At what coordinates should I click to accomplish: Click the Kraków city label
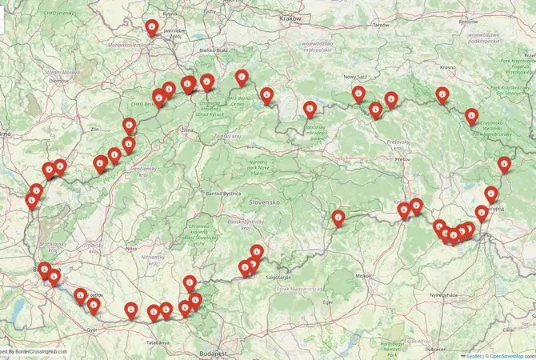(290, 18)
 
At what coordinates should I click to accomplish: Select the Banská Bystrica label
(223, 194)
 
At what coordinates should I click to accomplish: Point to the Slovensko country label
(263, 203)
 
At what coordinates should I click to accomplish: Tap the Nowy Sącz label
(356, 77)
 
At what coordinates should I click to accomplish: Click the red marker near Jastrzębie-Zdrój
(152, 27)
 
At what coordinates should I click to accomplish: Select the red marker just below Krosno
(442, 94)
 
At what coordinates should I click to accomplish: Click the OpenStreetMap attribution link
(512, 355)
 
